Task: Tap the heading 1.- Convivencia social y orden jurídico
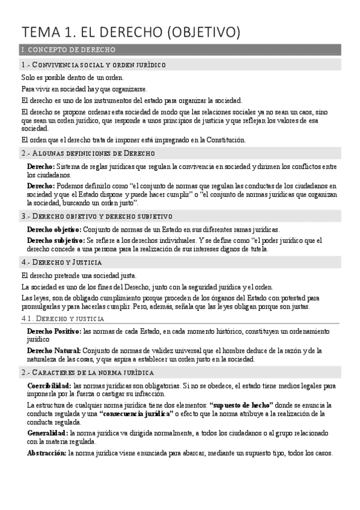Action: coord(93,64)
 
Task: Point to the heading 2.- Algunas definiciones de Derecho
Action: coord(87,153)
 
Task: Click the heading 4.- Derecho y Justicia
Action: coord(61,262)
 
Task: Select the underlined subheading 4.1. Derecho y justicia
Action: coord(63,319)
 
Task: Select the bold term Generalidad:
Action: coord(47,432)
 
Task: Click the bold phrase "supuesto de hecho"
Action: coord(241,405)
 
